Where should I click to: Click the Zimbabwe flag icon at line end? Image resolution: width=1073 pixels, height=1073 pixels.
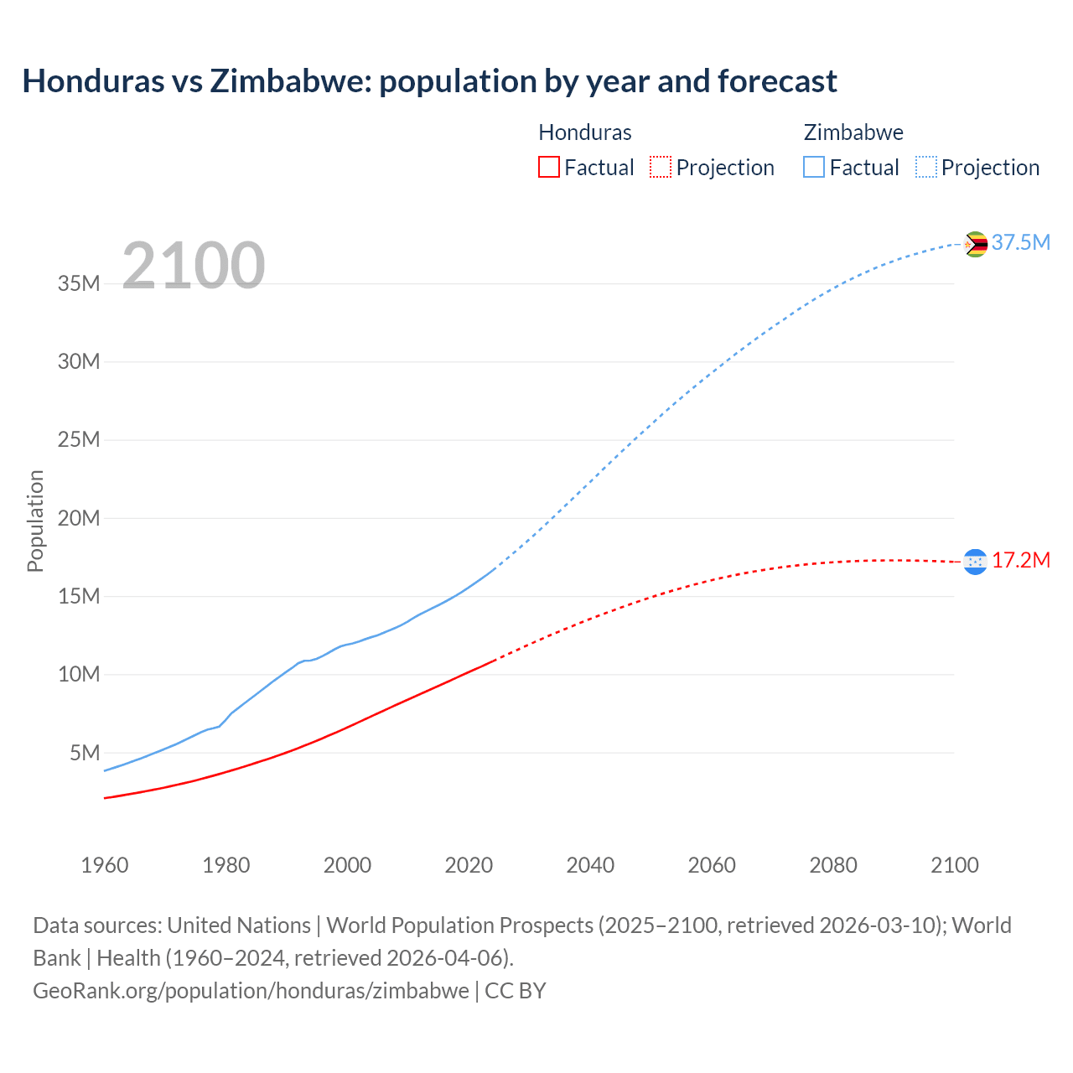click(x=975, y=244)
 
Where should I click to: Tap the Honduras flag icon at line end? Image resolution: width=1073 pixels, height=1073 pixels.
click(x=975, y=562)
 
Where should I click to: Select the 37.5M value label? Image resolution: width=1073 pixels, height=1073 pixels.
click(x=1020, y=243)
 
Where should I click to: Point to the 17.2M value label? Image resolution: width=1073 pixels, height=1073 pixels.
click(x=1020, y=561)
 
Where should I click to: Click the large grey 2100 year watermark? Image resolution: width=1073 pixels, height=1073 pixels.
click(x=194, y=266)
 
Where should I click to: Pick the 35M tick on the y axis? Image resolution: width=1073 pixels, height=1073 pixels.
click(x=79, y=284)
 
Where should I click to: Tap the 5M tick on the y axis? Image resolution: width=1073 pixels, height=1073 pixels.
click(x=85, y=753)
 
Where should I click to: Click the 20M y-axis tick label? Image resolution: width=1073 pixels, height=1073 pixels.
click(x=79, y=518)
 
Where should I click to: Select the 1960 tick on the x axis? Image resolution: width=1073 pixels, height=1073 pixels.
click(x=105, y=865)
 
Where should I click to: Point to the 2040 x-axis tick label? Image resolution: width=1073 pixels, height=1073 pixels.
click(x=590, y=865)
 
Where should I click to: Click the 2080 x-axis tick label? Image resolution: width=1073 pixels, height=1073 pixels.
click(x=833, y=865)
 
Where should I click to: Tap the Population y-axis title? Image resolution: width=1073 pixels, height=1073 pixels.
click(x=35, y=521)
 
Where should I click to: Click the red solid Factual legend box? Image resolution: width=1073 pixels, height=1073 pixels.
click(x=548, y=168)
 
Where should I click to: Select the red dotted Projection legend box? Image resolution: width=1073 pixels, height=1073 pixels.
click(x=661, y=168)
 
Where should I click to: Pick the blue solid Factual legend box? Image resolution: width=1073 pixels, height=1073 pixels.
click(x=814, y=168)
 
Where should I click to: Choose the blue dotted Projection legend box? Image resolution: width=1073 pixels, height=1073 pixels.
click(x=926, y=168)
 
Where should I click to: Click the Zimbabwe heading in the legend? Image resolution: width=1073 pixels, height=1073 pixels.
click(x=853, y=132)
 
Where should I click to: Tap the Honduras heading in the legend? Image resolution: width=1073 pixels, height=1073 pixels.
click(x=585, y=132)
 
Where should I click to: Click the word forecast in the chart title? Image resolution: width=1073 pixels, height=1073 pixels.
click(x=777, y=81)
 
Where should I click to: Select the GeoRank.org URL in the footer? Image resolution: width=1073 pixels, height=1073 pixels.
click(x=251, y=991)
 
